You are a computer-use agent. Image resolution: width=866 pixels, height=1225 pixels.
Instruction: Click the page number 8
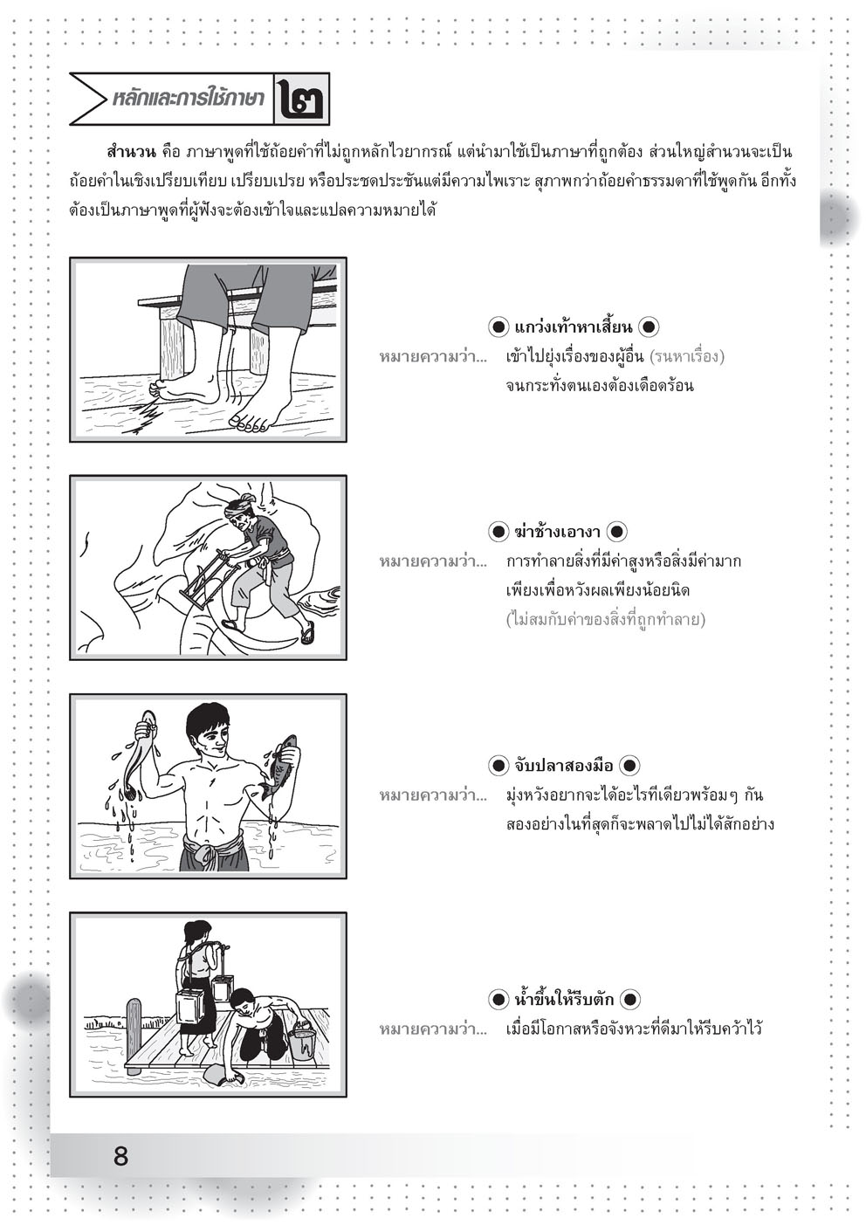[x=120, y=1157]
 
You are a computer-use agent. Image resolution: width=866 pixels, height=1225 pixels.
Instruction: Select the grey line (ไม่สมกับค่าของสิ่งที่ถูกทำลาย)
[x=605, y=620]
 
